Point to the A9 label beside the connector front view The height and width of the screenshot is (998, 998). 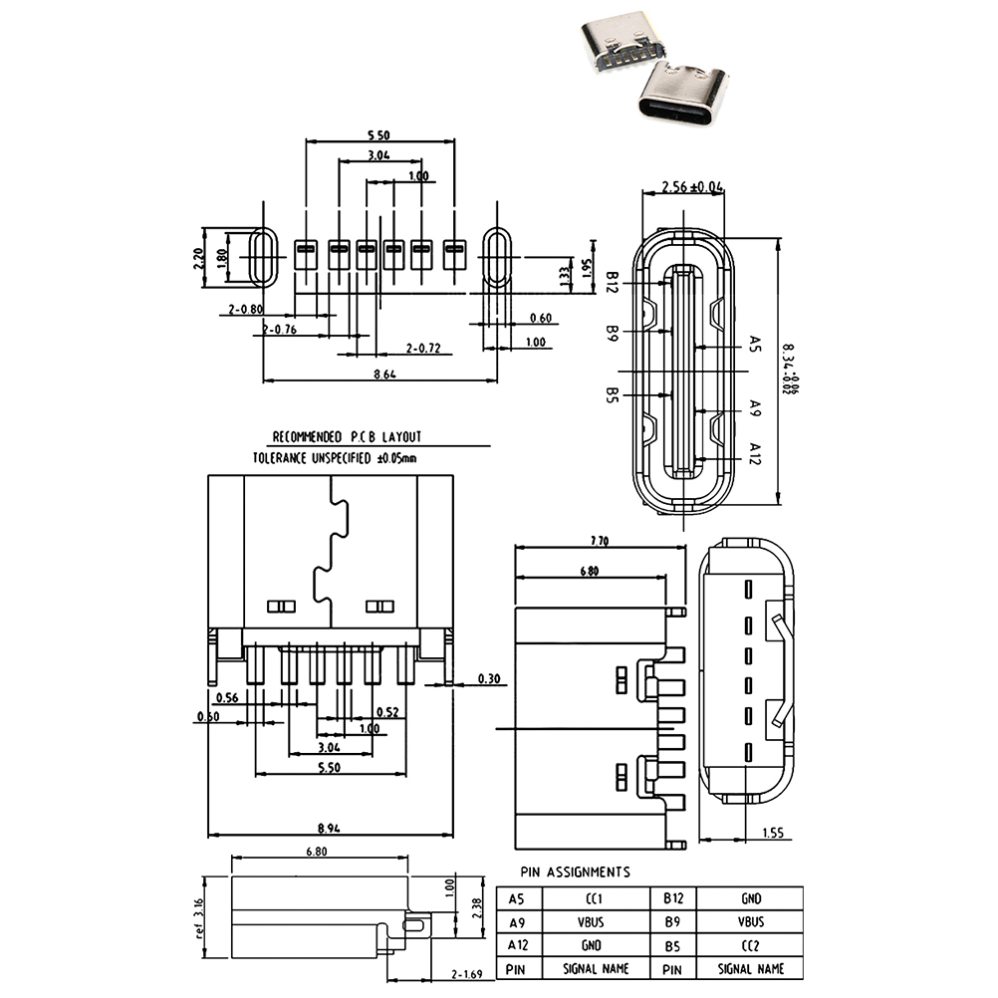(754, 407)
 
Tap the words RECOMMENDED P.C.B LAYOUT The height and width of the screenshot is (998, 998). (348, 436)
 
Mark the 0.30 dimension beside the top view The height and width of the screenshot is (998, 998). (489, 679)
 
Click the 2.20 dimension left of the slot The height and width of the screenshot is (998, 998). (199, 259)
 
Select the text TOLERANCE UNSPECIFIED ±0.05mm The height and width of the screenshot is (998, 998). (335, 458)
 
